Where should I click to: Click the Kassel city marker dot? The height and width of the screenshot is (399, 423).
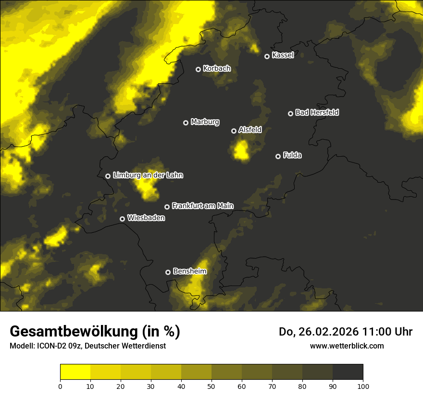click(x=267, y=57)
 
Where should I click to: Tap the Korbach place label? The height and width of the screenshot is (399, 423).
click(x=217, y=69)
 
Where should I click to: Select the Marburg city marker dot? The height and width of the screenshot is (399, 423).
click(x=186, y=123)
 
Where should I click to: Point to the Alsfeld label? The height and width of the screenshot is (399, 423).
click(x=250, y=130)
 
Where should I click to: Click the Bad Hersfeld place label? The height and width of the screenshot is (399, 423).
click(x=317, y=112)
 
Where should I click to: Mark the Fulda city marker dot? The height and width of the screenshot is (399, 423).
click(x=278, y=156)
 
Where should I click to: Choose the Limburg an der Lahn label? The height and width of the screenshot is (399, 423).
click(x=148, y=175)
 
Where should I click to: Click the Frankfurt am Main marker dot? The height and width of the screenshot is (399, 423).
click(x=167, y=207)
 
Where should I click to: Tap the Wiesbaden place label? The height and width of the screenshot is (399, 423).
click(x=146, y=218)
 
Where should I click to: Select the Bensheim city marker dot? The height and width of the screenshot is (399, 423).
click(x=168, y=272)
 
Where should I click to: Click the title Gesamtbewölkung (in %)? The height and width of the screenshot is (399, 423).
click(x=95, y=332)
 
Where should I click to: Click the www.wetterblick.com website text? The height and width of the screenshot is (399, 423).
click(x=347, y=346)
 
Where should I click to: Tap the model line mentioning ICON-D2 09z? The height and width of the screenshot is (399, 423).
click(x=87, y=346)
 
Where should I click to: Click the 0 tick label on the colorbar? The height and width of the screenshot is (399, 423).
click(x=60, y=386)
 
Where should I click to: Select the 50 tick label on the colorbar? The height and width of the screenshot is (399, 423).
click(x=211, y=386)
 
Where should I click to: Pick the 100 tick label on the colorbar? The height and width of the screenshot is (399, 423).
click(x=363, y=386)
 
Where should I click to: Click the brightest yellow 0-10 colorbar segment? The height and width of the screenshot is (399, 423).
click(x=75, y=372)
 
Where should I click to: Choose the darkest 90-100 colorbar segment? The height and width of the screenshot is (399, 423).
click(x=348, y=372)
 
